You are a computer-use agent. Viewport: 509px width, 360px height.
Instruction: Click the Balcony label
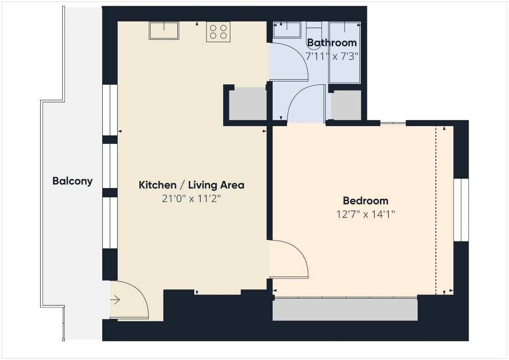pos(72,181)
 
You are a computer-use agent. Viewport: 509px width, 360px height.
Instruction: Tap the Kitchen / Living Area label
pos(191,185)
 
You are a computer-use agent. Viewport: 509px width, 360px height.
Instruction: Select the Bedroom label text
pos(365,201)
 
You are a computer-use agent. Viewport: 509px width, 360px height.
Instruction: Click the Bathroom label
pos(332,43)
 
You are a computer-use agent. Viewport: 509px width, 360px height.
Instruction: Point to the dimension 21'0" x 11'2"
pos(191,199)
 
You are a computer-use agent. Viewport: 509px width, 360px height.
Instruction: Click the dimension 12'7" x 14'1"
pos(365,215)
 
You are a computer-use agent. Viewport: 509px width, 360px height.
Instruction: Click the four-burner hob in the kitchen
pos(218,32)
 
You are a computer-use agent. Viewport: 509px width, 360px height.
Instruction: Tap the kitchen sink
pos(164,31)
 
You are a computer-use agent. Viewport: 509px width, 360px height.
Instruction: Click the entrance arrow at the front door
pos(115,300)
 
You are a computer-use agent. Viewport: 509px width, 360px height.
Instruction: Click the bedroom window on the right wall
pos(461,210)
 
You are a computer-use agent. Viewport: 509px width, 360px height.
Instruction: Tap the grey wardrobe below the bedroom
pos(345,310)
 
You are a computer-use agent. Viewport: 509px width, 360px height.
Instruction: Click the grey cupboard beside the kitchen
pos(247,105)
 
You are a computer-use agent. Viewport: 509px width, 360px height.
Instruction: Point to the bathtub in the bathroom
pos(345,52)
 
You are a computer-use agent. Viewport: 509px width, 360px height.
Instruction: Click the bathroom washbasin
pos(287,30)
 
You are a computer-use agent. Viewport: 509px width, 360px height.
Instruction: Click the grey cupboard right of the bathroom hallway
pos(346,105)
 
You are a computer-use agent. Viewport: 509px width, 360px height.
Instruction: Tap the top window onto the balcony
pos(110,110)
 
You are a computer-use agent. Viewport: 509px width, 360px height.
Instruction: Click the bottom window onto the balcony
pos(110,223)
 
